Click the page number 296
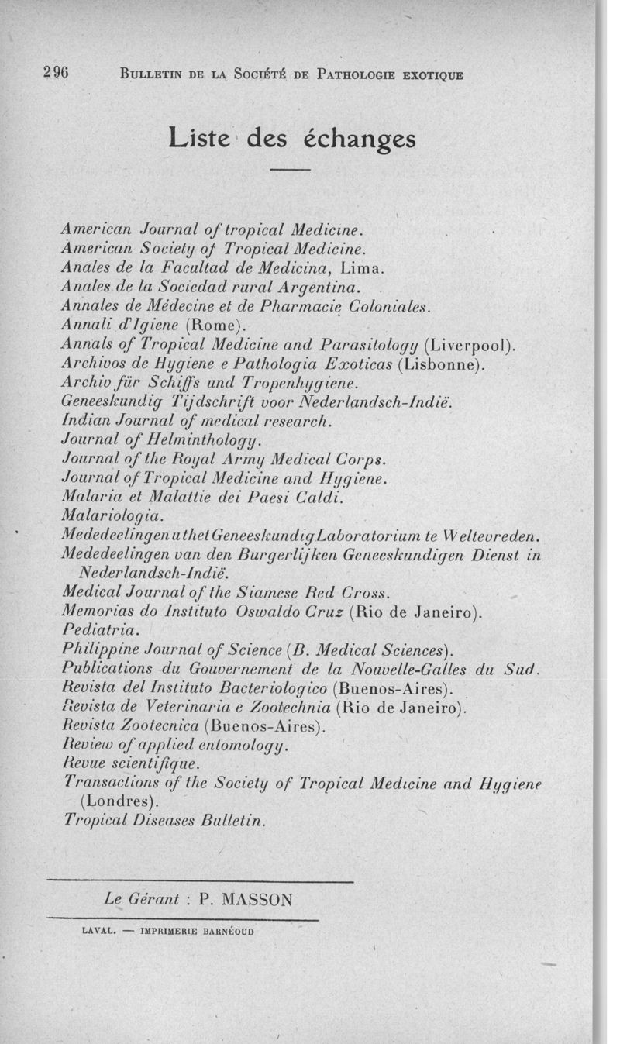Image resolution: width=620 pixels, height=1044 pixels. (x=57, y=74)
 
